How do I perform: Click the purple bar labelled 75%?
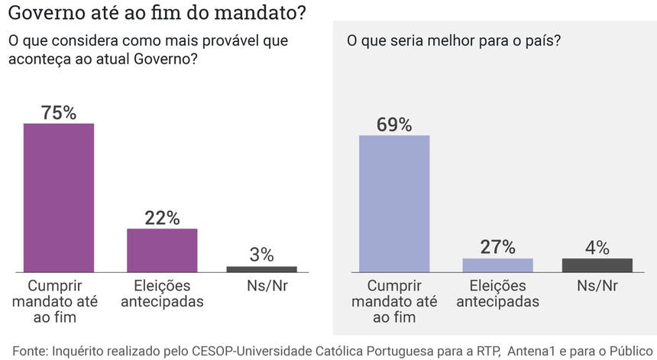(59, 197)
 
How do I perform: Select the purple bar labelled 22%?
(162, 250)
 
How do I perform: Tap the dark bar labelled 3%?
(262, 269)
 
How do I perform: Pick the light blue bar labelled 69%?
(394, 203)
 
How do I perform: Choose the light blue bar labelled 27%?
(497, 264)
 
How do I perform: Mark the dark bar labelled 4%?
(597, 264)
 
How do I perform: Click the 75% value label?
(59, 113)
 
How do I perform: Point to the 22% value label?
(162, 219)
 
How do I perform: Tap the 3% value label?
(262, 255)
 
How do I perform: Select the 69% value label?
(394, 125)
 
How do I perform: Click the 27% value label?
(497, 247)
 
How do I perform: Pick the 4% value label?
(597, 248)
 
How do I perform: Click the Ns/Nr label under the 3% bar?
(262, 286)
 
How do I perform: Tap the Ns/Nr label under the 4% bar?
(597, 286)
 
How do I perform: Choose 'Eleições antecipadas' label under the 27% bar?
(497, 294)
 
